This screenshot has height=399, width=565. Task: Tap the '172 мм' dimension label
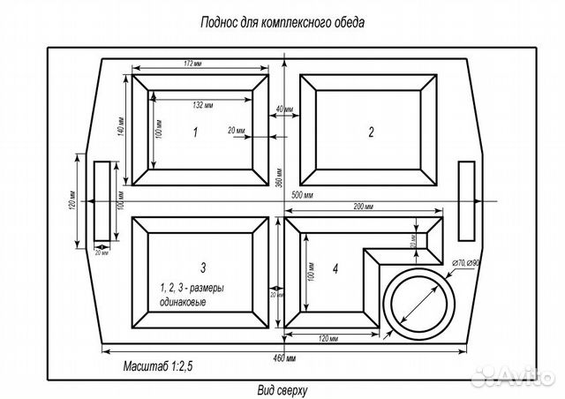(x=201, y=64)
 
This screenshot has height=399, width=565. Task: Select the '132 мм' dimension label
(x=203, y=105)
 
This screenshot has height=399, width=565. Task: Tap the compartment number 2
(x=372, y=132)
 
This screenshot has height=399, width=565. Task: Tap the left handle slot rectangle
(x=104, y=201)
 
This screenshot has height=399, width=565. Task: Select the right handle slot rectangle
(x=468, y=201)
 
